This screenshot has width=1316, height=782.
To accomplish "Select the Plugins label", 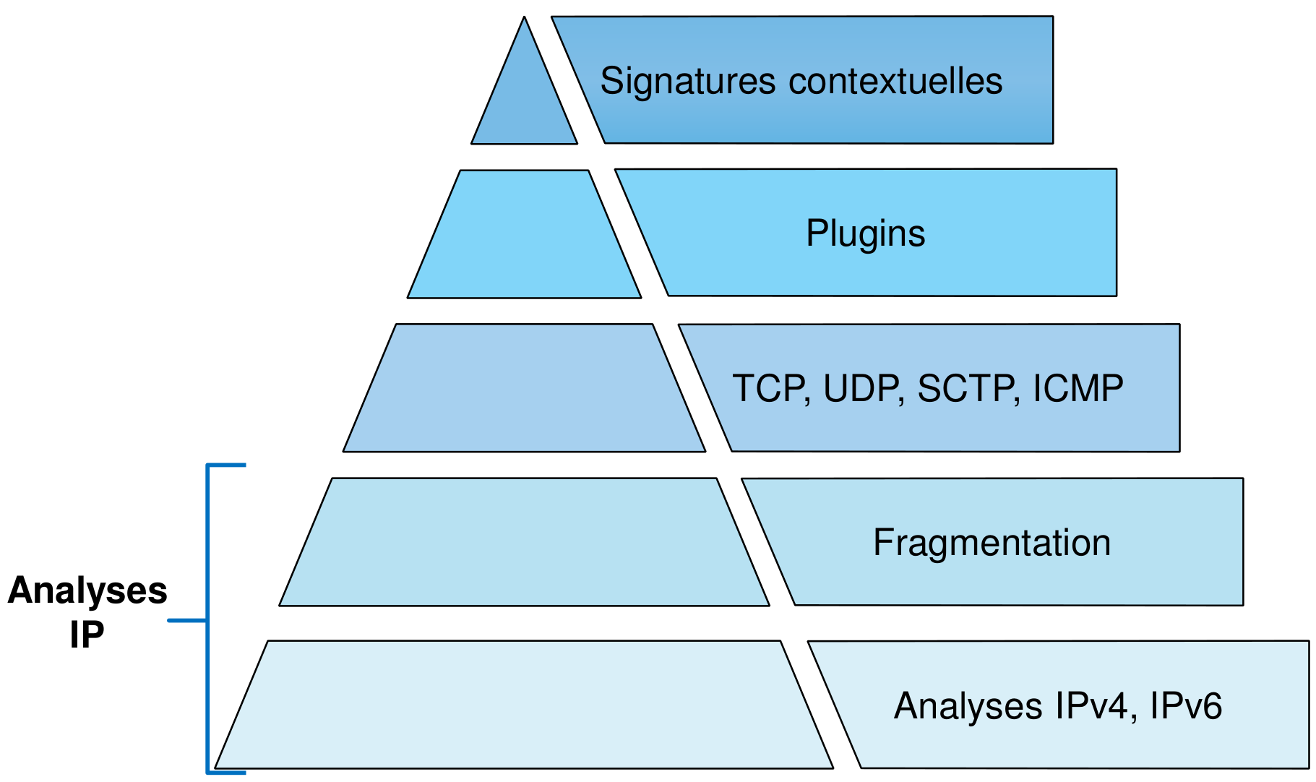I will point(865,233).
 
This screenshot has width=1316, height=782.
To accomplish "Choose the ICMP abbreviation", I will point(1078,389).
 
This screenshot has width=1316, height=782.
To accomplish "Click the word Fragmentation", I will point(992,543).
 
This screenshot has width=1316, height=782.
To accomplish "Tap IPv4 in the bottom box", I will point(1091,705).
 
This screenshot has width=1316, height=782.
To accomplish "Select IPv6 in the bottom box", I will point(1186,705).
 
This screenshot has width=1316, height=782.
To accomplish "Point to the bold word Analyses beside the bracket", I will point(87,590).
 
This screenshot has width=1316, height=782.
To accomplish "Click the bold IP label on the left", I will point(87,635).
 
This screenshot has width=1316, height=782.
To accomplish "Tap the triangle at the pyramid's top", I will point(525,101).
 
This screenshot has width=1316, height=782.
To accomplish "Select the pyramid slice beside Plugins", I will point(524,234).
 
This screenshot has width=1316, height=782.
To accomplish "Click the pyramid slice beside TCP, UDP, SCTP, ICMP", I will point(524,388).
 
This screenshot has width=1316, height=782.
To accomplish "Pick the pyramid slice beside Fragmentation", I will point(524,542).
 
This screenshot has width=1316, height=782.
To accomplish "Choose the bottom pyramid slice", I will point(524,705).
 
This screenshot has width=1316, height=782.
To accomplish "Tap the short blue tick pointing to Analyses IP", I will point(186,620).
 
